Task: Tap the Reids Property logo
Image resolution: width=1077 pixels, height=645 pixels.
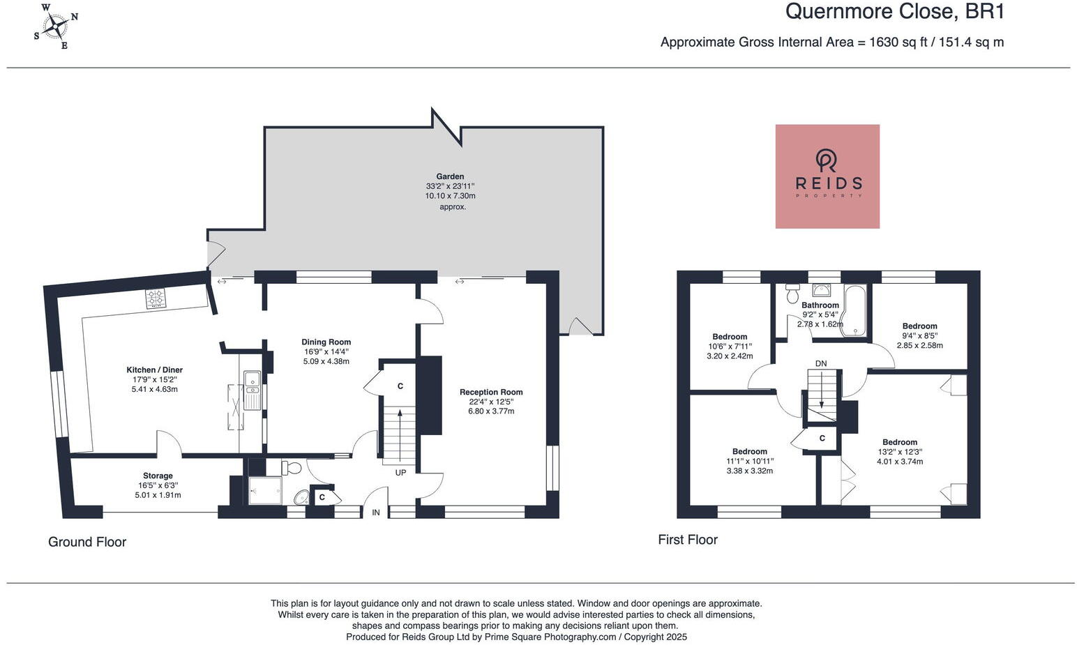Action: [x=827, y=176]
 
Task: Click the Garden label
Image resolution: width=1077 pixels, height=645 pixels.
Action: [x=450, y=176]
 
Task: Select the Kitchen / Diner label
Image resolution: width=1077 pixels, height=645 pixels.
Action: [x=154, y=370]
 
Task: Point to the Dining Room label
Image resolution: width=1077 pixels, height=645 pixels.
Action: [x=326, y=342]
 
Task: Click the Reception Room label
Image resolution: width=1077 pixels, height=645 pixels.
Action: [x=491, y=392]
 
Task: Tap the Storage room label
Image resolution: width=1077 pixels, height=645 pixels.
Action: [x=158, y=476]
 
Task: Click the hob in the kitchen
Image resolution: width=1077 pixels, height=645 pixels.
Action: [x=156, y=298]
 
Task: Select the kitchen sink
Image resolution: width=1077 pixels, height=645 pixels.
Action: [x=251, y=390]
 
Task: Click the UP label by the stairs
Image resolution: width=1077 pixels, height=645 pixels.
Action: [x=400, y=473]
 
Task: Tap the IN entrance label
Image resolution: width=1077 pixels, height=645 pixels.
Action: [x=376, y=513]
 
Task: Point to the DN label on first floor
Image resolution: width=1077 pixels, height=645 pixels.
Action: [x=821, y=363]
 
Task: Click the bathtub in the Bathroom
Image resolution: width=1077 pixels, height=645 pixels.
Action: [x=855, y=311]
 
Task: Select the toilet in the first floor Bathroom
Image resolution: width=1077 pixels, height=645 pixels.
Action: [x=792, y=293]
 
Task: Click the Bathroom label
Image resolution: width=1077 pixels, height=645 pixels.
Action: [x=820, y=305]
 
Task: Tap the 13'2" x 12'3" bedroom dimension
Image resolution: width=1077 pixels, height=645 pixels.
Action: [x=900, y=452]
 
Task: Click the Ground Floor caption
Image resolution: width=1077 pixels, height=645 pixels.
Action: [x=87, y=542]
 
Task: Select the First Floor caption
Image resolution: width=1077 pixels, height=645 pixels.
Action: [x=688, y=540]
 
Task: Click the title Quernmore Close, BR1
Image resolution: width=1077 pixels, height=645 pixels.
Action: [x=895, y=11]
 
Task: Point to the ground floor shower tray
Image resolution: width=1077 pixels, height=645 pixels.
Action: [x=265, y=490]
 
